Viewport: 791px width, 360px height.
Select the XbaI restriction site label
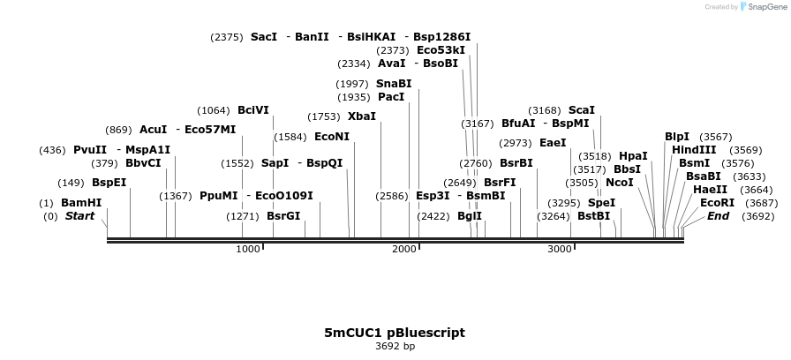(x=362, y=116)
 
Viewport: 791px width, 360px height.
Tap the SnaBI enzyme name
(x=394, y=84)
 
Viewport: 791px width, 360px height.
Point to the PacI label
(x=391, y=97)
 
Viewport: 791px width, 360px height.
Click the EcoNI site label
(x=332, y=137)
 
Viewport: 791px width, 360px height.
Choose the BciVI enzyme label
(x=253, y=110)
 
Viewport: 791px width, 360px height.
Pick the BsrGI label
(x=283, y=216)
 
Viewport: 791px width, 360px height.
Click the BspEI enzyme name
(x=109, y=183)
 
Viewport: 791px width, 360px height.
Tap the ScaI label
(x=582, y=110)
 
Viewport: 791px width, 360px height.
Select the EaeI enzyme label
(x=553, y=143)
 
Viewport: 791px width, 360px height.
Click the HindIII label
(x=694, y=150)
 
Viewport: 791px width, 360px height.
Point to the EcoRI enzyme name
(x=717, y=203)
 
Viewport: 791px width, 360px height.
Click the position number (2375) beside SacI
(x=226, y=37)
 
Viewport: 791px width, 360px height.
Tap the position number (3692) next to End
(x=757, y=216)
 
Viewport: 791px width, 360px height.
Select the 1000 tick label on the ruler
(x=248, y=250)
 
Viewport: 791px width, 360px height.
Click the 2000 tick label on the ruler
(x=404, y=250)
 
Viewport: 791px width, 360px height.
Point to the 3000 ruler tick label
(x=560, y=250)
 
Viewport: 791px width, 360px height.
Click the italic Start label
(x=79, y=216)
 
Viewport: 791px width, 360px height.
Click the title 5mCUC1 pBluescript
(x=395, y=333)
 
